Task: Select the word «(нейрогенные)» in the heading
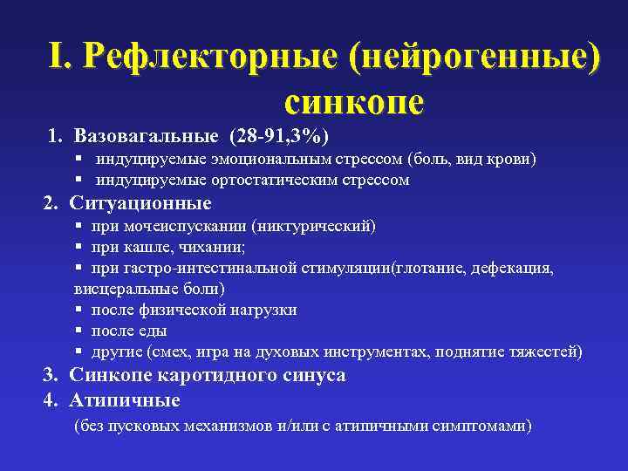[x=474, y=58]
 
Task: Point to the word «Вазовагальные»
[x=147, y=136]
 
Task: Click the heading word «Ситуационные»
[x=140, y=203]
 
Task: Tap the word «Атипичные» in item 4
[x=125, y=399]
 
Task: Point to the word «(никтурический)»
[x=313, y=226]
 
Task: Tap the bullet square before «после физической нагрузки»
[x=78, y=310]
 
